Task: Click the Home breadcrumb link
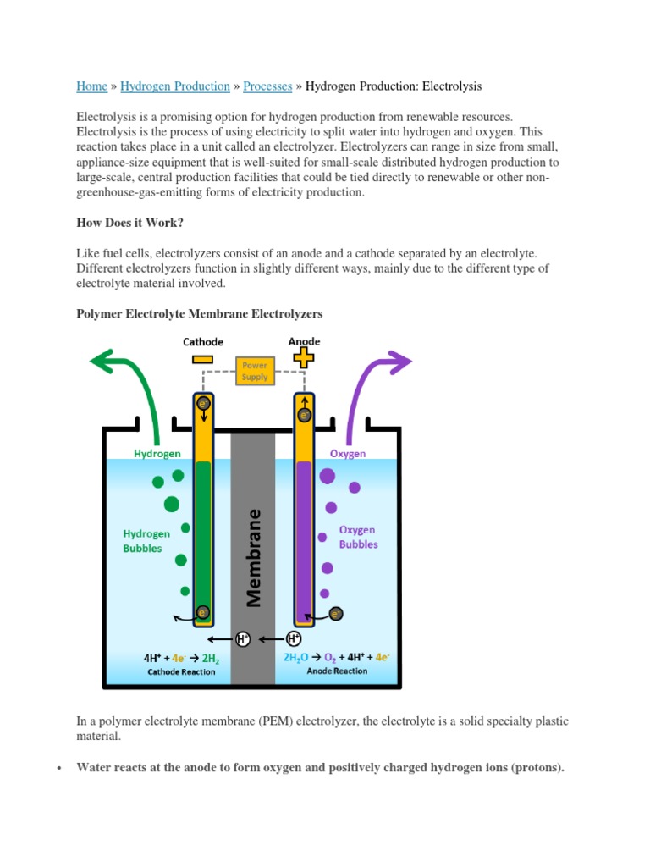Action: [x=91, y=86]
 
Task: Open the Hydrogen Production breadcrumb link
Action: [x=175, y=86]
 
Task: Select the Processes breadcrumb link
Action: [x=267, y=86]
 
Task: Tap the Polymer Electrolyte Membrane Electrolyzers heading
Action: [x=199, y=313]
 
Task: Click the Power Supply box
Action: [x=255, y=370]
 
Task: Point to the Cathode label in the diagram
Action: [x=203, y=341]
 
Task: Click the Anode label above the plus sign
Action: [x=303, y=341]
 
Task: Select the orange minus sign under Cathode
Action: [x=203, y=358]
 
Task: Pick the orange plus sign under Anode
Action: [x=303, y=358]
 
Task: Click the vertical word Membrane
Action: [x=253, y=558]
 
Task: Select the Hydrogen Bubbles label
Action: [x=147, y=540]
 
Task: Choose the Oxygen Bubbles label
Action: [x=357, y=537]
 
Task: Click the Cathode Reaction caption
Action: [x=181, y=672]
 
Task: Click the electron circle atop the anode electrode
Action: [x=304, y=415]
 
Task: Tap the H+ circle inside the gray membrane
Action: [x=243, y=639]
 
